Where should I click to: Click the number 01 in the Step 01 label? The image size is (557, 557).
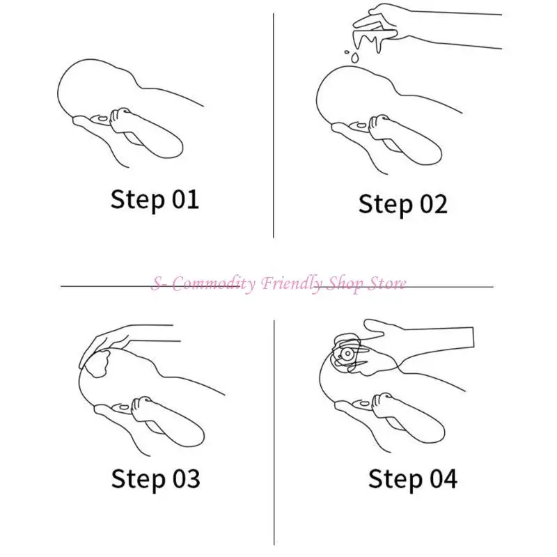185,199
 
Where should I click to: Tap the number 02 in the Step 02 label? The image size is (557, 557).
433,204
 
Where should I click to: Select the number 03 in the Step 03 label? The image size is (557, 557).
186,478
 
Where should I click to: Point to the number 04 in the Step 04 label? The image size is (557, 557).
444,478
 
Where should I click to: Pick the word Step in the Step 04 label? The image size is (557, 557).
395,480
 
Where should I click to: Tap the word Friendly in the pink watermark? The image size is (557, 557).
292,284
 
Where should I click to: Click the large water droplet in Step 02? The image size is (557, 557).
354,58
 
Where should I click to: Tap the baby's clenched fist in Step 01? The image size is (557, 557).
121,119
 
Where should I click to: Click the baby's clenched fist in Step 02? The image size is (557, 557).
380,127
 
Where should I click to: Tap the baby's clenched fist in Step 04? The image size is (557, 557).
384,405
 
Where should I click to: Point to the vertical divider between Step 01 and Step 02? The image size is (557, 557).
273,125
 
